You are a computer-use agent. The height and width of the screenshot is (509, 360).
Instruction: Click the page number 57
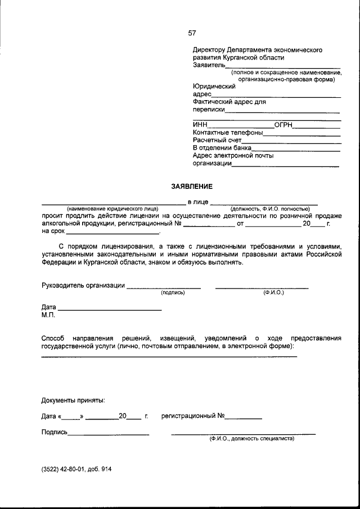[192, 33]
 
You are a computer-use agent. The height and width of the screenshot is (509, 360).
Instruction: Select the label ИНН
[200, 125]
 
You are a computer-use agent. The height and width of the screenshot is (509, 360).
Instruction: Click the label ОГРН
[284, 125]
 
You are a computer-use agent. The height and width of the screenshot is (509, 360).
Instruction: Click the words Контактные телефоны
[227, 133]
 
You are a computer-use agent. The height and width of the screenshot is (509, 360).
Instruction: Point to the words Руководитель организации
[83, 285]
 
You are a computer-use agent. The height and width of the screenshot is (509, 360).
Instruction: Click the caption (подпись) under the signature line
[173, 293]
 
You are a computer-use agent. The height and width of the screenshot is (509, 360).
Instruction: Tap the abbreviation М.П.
[48, 315]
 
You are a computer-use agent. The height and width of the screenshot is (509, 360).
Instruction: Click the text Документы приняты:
[73, 400]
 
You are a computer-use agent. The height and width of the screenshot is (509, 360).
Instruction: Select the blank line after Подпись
[109, 434]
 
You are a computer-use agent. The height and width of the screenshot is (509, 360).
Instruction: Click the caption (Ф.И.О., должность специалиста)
[251, 438]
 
